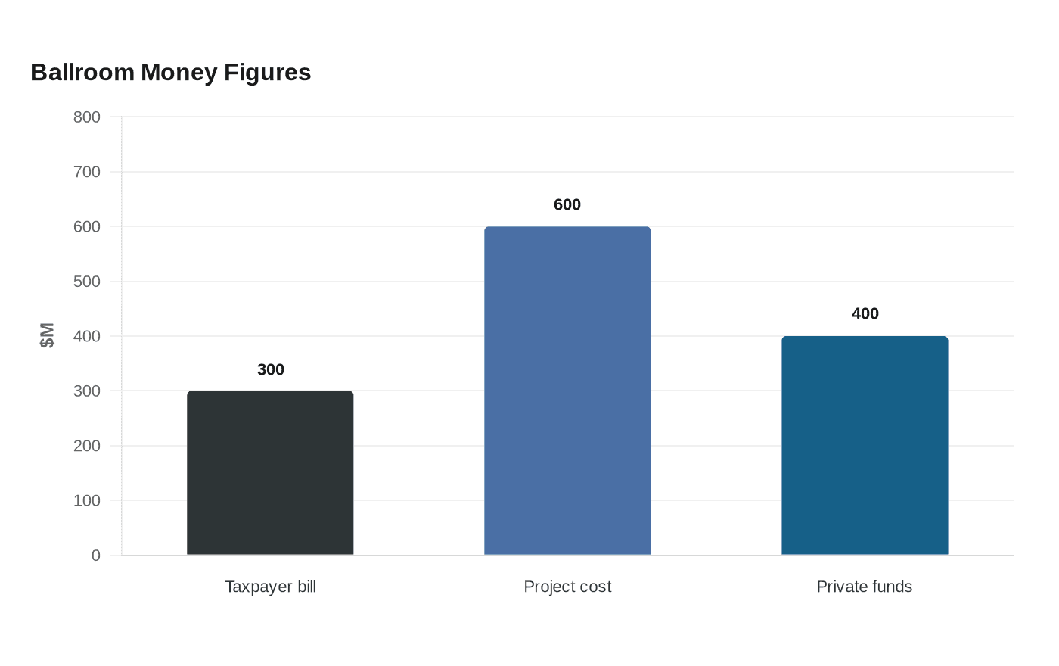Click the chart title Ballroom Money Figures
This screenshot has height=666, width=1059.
[171, 73]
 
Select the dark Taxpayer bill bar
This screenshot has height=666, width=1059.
[270, 472]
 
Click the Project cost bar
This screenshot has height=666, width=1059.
[567, 391]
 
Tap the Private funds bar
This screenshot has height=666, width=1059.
[865, 446]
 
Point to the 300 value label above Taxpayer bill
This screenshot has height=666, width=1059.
[271, 369]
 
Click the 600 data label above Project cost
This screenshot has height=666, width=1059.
[567, 205]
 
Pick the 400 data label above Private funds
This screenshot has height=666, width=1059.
[865, 313]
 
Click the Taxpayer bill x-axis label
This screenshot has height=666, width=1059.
[271, 587]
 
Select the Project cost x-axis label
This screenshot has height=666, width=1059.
[567, 587]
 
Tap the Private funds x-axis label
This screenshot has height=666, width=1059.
[864, 587]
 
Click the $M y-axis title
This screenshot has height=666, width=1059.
[47, 335]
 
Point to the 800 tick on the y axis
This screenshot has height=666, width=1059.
[86, 117]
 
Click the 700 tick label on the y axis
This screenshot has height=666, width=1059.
[86, 172]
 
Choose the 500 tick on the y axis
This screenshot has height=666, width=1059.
[86, 282]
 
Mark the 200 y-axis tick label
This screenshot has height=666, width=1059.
[86, 446]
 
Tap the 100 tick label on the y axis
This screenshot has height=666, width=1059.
[86, 500]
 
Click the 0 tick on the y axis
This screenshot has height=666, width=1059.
[96, 556]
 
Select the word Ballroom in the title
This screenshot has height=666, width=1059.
[82, 73]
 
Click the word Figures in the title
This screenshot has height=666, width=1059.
[267, 73]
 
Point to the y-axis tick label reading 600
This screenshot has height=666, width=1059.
[86, 226]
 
